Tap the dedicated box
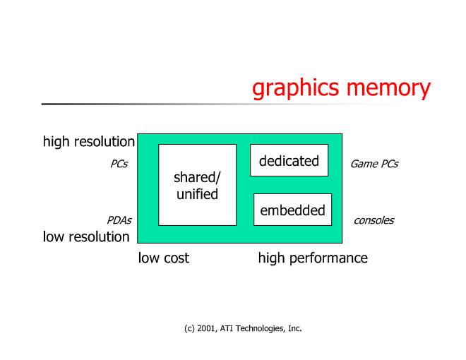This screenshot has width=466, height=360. click(x=289, y=160)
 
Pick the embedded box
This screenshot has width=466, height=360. click(x=292, y=210)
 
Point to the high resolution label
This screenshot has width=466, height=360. click(x=88, y=142)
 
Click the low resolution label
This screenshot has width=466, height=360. click(x=86, y=236)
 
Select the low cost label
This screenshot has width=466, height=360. click(x=163, y=258)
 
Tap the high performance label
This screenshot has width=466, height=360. click(x=313, y=258)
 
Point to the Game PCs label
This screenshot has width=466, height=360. click(x=374, y=164)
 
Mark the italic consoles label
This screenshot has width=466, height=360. click(x=374, y=220)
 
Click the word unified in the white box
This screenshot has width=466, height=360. click(x=197, y=194)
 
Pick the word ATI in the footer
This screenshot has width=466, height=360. click(x=230, y=328)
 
